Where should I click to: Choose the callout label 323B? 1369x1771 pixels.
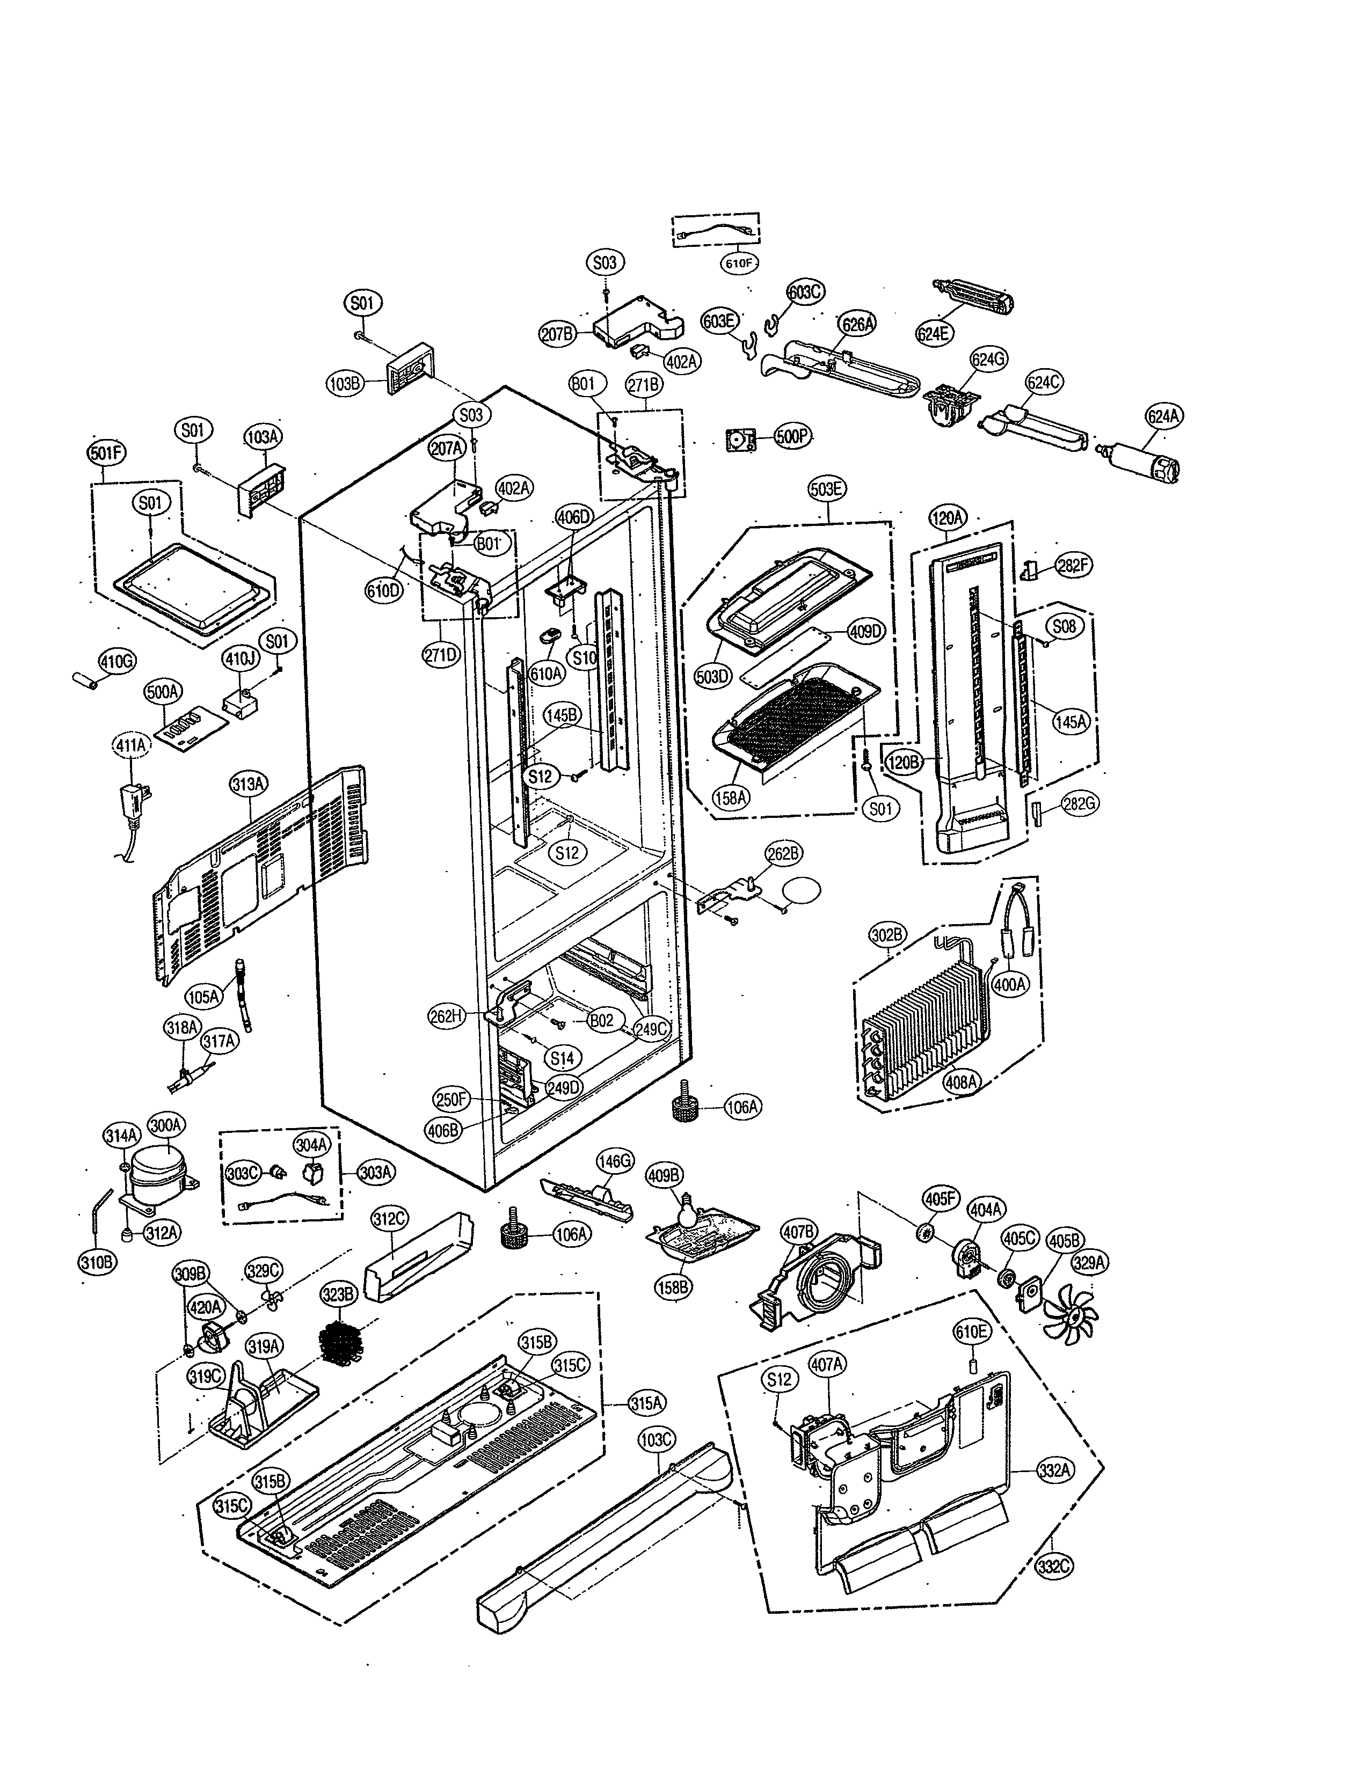[x=338, y=1295]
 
